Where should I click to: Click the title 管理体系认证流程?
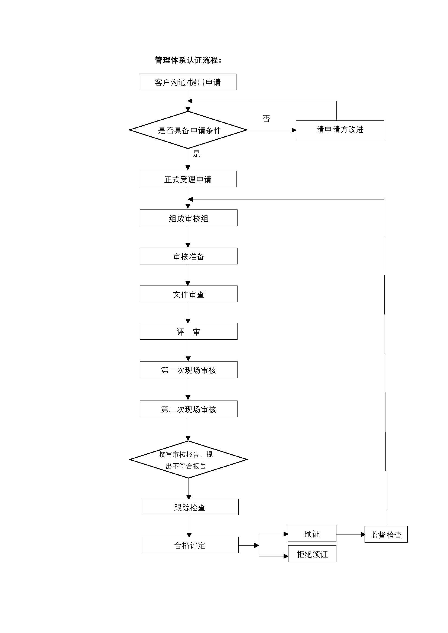[x=188, y=60]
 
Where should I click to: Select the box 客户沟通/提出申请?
[x=187, y=82]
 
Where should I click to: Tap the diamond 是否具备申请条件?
[x=188, y=130]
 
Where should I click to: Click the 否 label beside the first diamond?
[x=266, y=119]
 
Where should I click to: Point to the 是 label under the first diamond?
[x=196, y=154]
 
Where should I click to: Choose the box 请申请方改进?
[x=340, y=130]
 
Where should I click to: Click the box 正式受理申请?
[x=188, y=179]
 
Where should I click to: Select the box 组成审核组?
[x=189, y=218]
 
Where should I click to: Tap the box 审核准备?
[x=189, y=256]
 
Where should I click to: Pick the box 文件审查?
[x=189, y=294]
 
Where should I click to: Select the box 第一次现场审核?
[x=189, y=370]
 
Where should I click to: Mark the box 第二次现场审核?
[x=189, y=409]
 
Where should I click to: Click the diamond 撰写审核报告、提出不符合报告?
[x=189, y=460]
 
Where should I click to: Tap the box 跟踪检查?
[x=190, y=507]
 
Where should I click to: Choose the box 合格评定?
[x=190, y=545]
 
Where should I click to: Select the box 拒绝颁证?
[x=312, y=554]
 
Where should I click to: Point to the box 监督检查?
[x=386, y=534]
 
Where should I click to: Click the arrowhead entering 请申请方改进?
[x=294, y=130]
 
